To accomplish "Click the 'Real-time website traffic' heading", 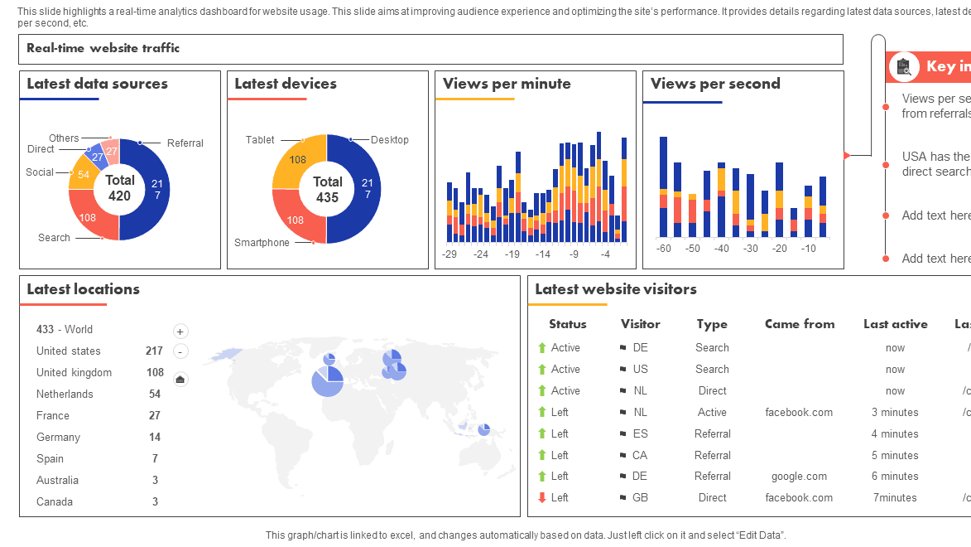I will [x=103, y=48].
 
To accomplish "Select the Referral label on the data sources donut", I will [x=185, y=143].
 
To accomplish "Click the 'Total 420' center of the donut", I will [x=119, y=188].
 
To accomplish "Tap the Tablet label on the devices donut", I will [x=260, y=140].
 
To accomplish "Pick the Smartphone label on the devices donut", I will [x=262, y=243].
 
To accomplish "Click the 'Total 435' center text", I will [x=327, y=190].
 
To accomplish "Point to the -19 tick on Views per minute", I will [x=512, y=254].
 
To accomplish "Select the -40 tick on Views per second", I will [x=722, y=249].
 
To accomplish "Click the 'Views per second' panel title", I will [x=715, y=84].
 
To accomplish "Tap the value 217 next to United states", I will [x=154, y=351].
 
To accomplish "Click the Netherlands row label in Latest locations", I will [x=65, y=395].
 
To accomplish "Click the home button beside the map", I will [x=180, y=380].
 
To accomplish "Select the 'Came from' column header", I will [x=799, y=324].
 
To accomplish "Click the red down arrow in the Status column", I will [x=542, y=498].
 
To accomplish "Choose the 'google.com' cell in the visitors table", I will [x=799, y=477].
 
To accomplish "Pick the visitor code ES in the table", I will [x=640, y=433].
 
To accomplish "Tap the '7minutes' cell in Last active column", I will [x=895, y=498].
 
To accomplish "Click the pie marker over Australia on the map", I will [x=483, y=429].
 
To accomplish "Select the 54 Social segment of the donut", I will [x=83, y=175].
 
